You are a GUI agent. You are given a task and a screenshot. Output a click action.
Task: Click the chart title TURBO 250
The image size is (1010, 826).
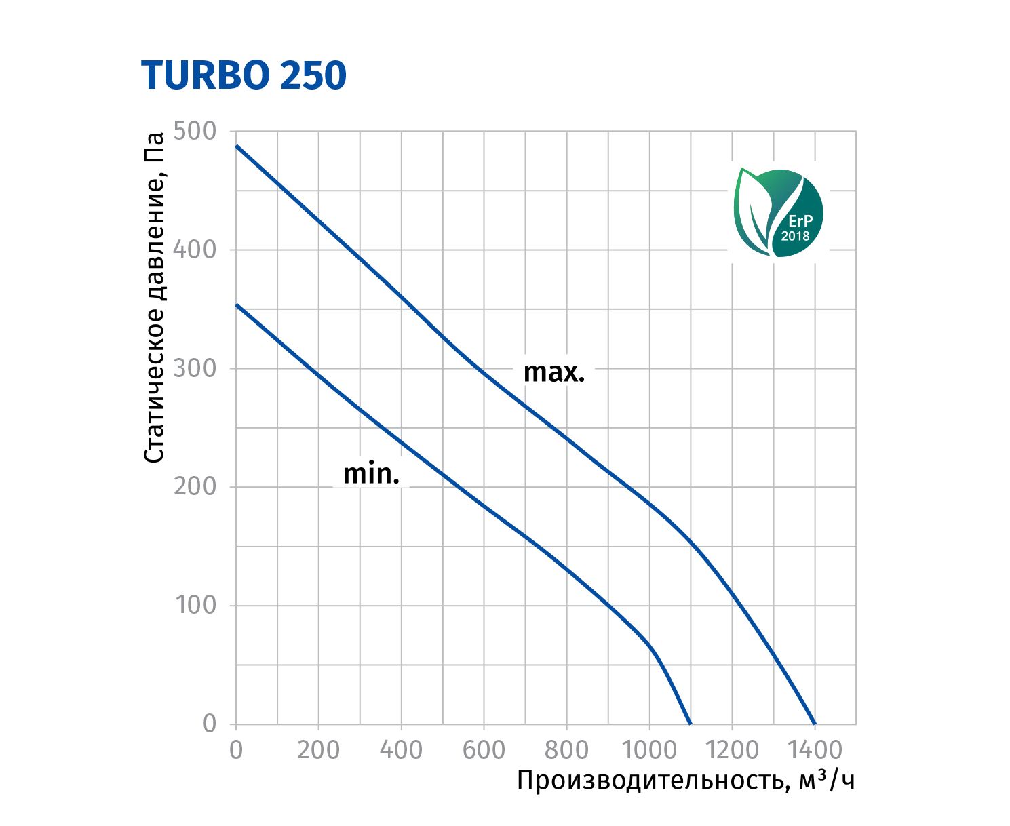244,75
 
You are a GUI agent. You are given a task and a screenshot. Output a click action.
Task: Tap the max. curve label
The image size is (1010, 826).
553,372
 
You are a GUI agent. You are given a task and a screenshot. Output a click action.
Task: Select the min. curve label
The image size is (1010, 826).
371,473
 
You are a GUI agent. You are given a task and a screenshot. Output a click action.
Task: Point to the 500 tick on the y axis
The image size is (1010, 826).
195,131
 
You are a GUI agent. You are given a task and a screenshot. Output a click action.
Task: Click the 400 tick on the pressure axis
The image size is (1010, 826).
195,250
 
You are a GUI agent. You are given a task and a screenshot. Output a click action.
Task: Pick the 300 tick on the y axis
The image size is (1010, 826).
195,368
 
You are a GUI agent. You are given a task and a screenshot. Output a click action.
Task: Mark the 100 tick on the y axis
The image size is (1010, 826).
195,605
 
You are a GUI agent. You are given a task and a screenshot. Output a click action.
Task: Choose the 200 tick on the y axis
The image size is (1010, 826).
195,486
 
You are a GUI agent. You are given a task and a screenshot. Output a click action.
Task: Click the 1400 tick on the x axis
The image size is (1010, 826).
814,750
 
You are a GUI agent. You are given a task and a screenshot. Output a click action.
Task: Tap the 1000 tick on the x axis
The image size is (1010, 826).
649,750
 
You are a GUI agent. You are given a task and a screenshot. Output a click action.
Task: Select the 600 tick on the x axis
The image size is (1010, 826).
484,750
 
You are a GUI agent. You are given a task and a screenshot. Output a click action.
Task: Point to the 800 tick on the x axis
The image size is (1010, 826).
566,750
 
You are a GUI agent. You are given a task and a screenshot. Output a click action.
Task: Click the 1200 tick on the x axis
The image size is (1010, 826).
732,750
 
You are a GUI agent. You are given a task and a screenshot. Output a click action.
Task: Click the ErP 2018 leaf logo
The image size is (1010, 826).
779,213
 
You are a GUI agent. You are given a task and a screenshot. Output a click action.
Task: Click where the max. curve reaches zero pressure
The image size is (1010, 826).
814,724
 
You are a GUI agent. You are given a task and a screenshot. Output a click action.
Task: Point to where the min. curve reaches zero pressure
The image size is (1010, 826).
690,724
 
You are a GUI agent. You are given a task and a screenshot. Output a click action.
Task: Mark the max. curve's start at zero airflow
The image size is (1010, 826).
236,146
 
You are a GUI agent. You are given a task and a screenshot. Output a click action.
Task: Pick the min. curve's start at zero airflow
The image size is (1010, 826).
236,305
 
